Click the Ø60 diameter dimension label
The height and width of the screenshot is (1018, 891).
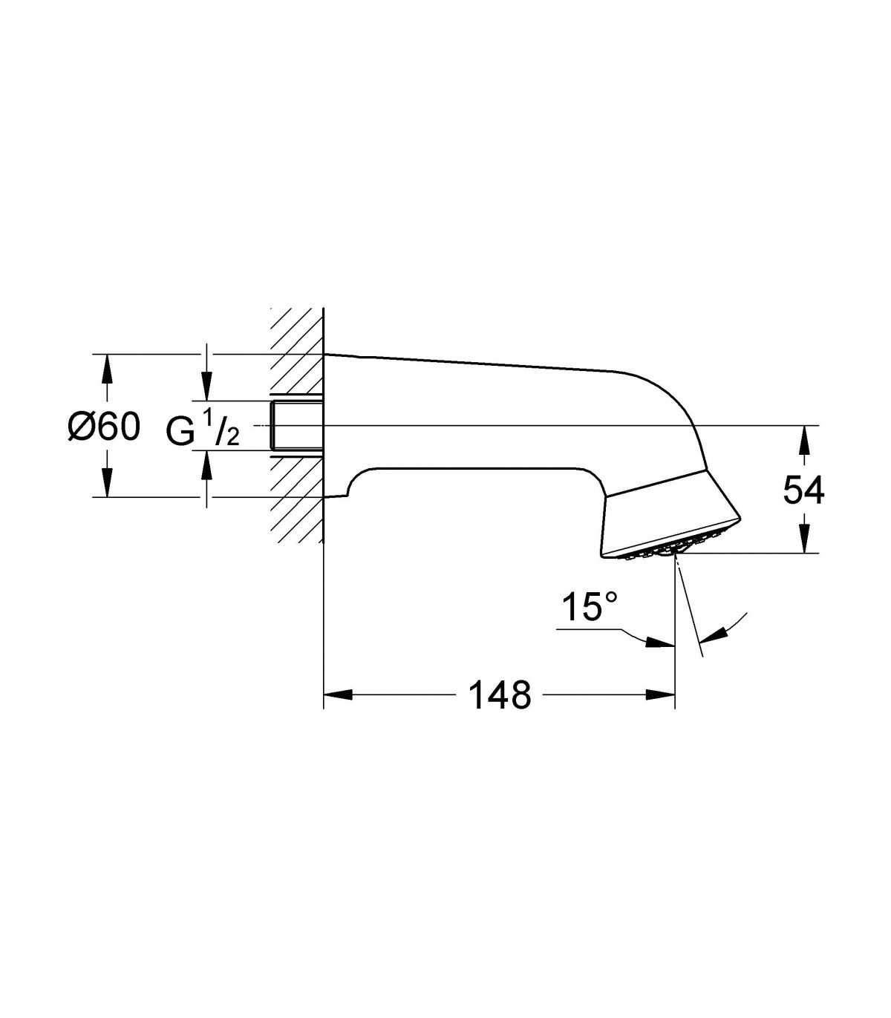(104, 427)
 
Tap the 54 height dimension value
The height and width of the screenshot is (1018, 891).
(803, 490)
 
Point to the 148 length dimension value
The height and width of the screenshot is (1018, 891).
(500, 695)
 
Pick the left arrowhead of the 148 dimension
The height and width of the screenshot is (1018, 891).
(338, 694)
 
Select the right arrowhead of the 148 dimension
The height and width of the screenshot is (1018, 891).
(661, 694)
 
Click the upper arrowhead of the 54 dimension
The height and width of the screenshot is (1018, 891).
(803, 439)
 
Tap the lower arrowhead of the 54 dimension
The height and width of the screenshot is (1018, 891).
(803, 539)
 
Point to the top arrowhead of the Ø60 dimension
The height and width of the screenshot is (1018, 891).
(104, 368)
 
